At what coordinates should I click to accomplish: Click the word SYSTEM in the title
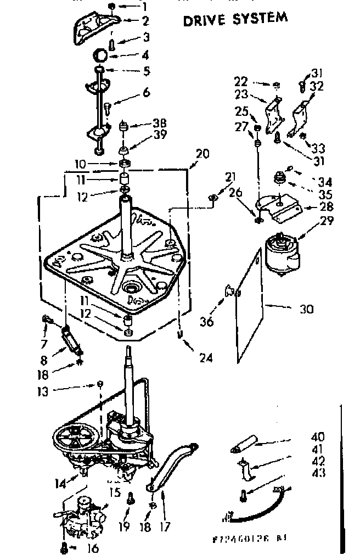click(260, 18)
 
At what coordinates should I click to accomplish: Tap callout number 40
click(317, 437)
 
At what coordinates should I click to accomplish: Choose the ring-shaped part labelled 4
click(100, 55)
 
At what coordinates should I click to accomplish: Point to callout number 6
click(145, 92)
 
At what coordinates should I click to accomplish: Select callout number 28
click(311, 207)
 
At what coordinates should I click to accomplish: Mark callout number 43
click(317, 473)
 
